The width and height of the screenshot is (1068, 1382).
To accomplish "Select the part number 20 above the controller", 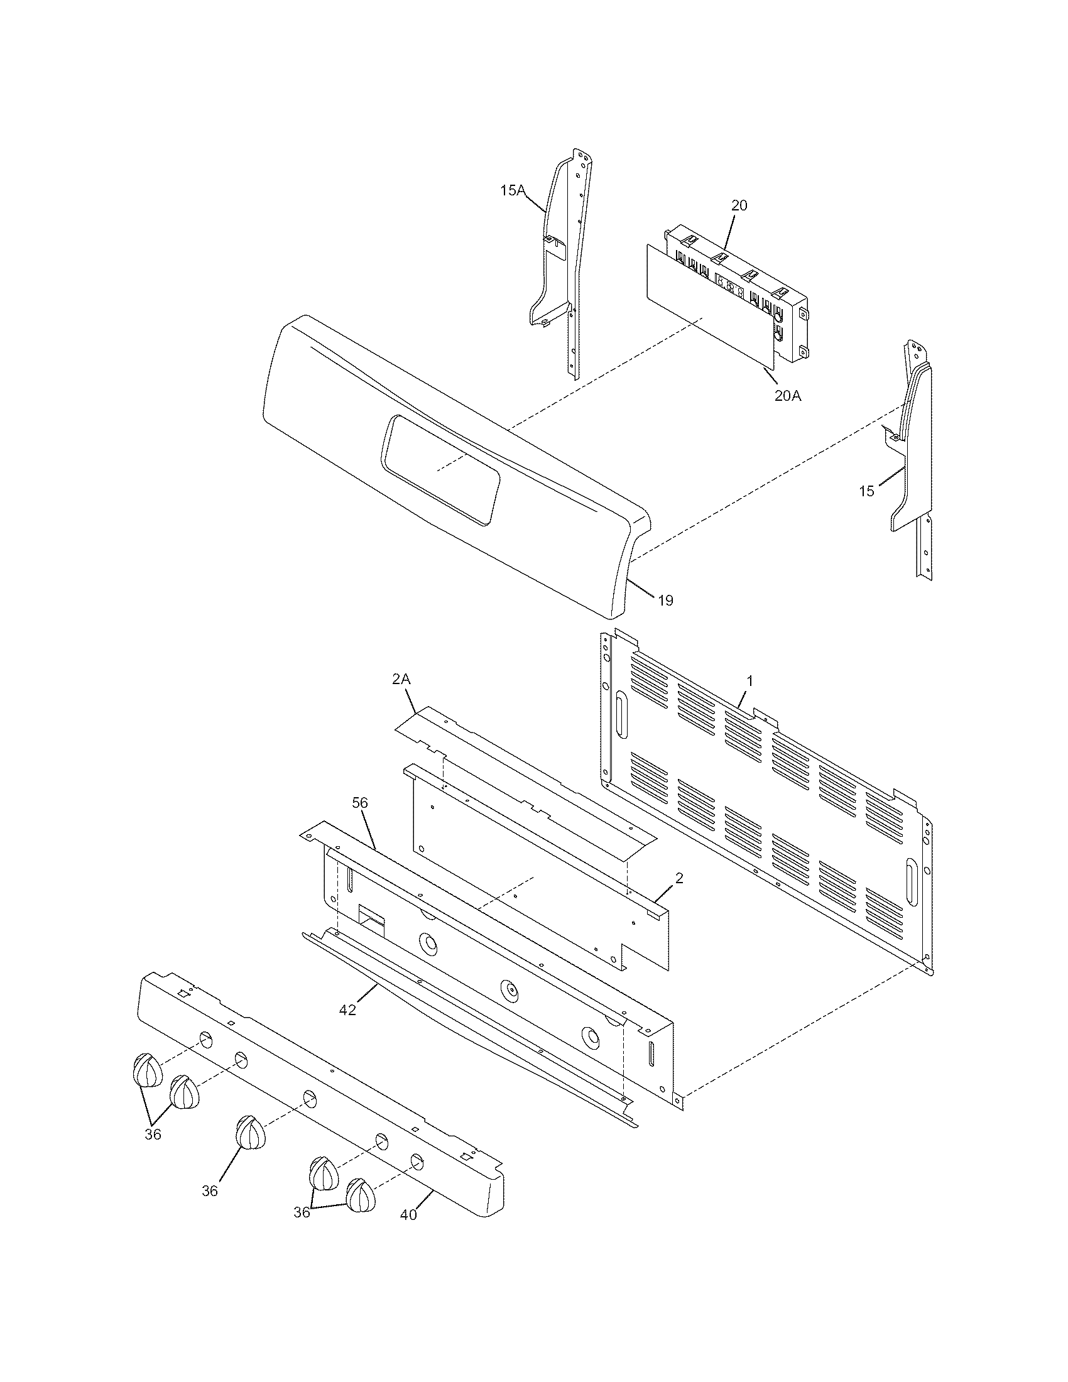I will tap(739, 205).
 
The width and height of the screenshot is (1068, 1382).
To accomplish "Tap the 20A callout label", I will tap(788, 396).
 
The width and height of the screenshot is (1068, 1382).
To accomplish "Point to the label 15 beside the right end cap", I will tap(866, 491).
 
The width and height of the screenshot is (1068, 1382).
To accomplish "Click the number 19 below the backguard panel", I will tap(665, 600).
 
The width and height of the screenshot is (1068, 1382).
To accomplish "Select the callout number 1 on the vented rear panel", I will tap(749, 681).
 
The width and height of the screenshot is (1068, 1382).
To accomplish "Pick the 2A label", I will tap(401, 679).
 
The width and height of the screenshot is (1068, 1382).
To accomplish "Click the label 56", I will tap(360, 803).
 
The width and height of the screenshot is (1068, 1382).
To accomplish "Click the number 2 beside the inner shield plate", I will tap(679, 878).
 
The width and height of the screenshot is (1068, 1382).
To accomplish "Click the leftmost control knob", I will tap(147, 1070).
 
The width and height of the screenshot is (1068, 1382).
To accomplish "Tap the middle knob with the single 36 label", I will tap(251, 1132).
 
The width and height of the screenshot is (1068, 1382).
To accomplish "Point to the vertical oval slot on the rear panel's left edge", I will tap(621, 714).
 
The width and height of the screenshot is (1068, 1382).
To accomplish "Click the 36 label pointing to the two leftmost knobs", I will tap(153, 1134).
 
